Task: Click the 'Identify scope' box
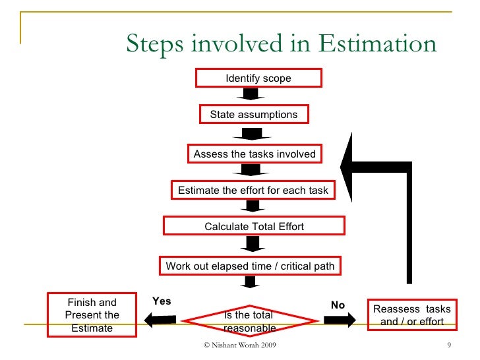(x=258, y=78)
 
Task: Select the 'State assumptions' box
(x=254, y=115)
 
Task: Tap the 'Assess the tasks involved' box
(x=254, y=154)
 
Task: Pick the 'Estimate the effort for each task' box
(x=253, y=191)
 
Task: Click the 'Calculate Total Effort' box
(x=254, y=226)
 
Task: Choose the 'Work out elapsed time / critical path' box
(x=250, y=266)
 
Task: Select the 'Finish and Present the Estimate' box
(x=92, y=315)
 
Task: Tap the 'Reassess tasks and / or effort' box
(x=412, y=315)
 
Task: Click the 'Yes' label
(x=162, y=301)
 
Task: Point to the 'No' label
(x=338, y=305)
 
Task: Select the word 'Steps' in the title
(x=154, y=44)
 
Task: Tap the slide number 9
(x=448, y=346)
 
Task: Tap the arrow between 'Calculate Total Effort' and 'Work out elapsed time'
(x=251, y=245)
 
